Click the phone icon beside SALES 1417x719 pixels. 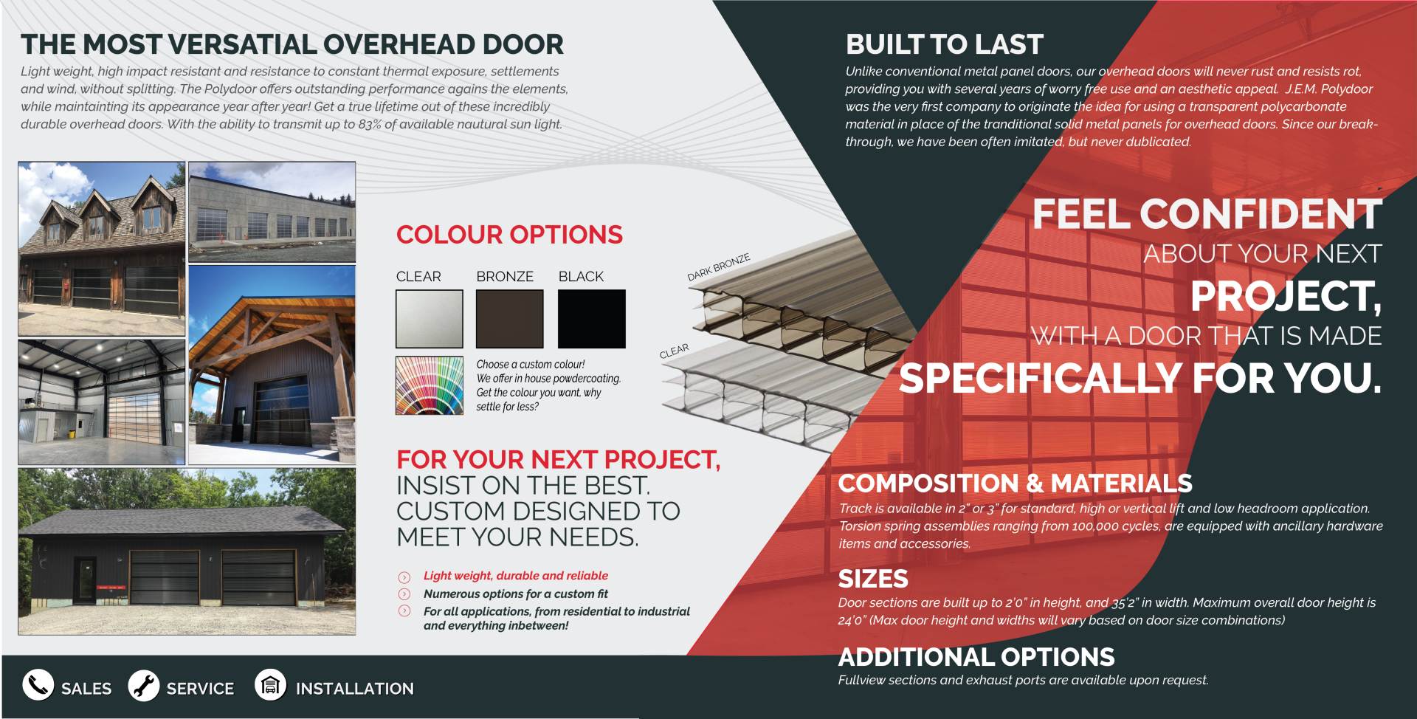38,685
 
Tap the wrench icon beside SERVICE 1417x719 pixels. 144,686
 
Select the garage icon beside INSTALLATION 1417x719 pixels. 271,685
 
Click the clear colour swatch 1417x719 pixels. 429,319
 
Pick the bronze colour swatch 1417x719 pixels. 509,319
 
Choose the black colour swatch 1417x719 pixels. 591,319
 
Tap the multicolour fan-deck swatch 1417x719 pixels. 429,385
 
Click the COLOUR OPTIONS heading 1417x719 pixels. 509,235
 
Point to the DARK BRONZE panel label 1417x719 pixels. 718,267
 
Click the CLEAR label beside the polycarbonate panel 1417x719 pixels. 674,351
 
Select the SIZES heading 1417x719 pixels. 873,579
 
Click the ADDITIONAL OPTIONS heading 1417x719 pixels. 976,657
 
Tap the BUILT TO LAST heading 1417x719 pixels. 944,44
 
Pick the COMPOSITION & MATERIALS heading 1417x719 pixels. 1015,484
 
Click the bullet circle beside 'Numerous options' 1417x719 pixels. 404,594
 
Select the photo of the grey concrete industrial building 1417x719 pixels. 272,212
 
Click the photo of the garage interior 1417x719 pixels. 102,402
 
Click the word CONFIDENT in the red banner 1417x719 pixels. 1261,214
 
